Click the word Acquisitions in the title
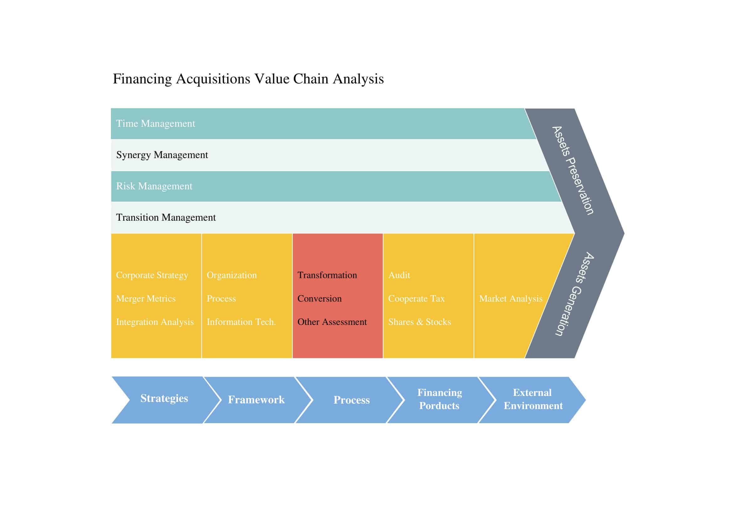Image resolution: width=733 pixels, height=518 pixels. [213, 79]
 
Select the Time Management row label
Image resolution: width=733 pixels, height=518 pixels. [155, 123]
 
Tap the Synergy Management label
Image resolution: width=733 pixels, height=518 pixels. [162, 155]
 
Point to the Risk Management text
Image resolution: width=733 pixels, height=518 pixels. [154, 186]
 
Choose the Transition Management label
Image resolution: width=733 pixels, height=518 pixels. [166, 217]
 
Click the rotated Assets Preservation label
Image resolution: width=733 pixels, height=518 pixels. [573, 170]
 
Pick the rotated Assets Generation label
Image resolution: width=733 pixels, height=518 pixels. [574, 294]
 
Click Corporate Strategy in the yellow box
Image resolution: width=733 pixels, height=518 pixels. [152, 275]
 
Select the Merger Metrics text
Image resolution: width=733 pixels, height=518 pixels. [146, 299]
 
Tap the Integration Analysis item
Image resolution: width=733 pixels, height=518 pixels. [154, 322]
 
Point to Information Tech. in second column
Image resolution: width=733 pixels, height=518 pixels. [241, 322]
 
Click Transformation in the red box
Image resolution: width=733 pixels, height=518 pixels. [327, 275]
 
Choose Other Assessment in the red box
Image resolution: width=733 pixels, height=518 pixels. [332, 322]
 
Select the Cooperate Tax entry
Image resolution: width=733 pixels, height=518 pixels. [416, 299]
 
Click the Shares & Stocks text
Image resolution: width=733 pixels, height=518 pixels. [419, 322]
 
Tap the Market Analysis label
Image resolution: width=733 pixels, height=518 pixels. [510, 299]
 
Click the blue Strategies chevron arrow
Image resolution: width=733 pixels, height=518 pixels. [164, 398]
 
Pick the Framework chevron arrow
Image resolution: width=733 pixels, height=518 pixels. [256, 400]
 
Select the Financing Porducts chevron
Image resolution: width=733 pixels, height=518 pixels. [439, 399]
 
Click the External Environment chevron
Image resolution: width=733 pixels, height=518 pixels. [533, 399]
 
